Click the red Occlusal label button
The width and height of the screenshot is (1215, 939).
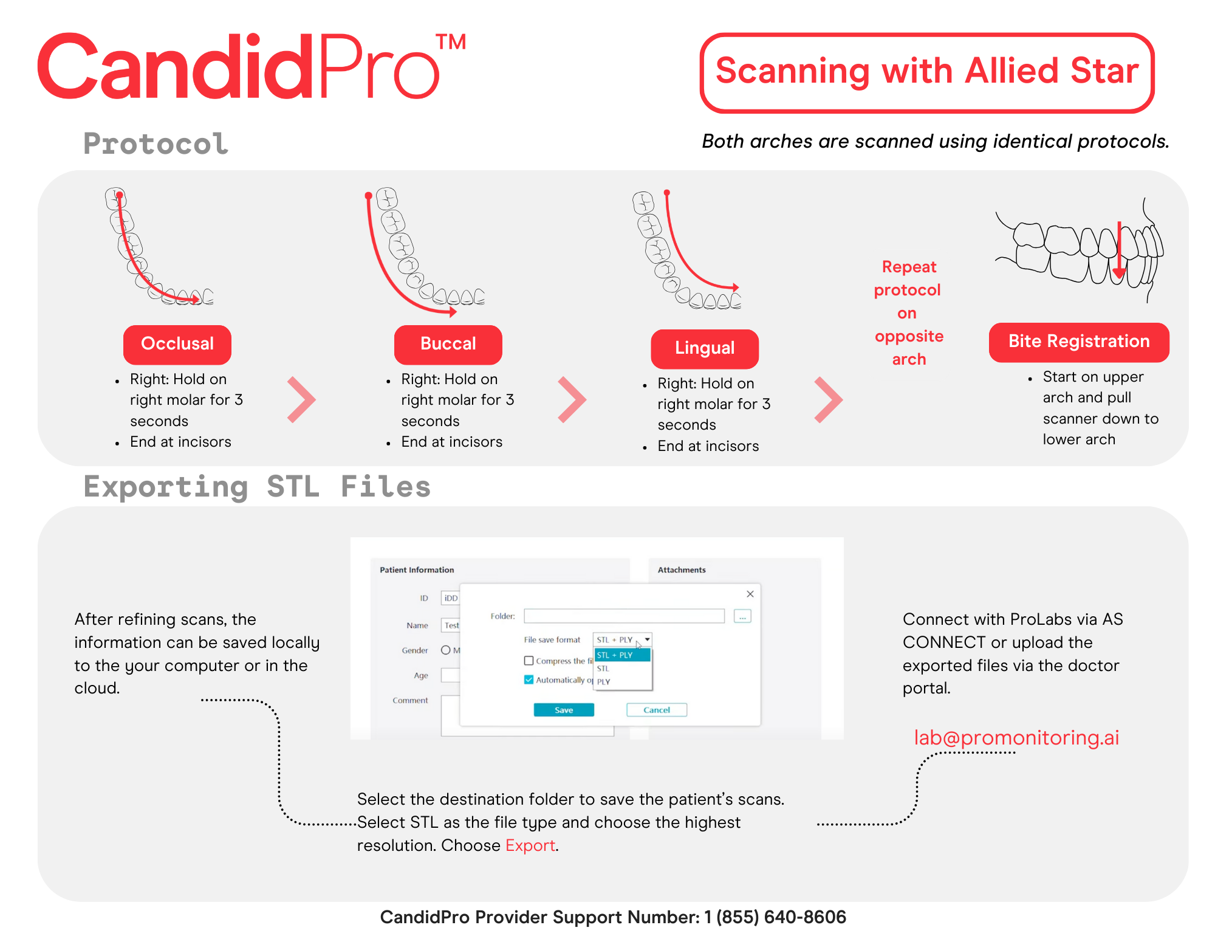(177, 344)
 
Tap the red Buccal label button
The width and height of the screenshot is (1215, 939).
(448, 344)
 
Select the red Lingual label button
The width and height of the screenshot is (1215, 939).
(705, 348)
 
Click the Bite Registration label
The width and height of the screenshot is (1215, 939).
(1078, 342)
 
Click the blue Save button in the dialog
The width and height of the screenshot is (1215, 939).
(563, 710)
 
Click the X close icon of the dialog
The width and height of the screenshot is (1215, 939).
(750, 594)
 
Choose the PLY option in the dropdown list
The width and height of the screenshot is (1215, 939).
(604, 681)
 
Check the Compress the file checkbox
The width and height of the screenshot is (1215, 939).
(529, 661)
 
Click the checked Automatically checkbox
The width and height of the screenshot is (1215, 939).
(529, 679)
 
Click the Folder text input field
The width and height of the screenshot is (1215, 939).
(624, 616)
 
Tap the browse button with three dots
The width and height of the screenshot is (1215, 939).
(742, 616)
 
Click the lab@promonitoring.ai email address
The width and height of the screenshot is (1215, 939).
(1016, 737)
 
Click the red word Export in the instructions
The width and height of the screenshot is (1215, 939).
(530, 845)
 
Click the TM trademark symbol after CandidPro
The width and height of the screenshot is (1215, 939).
(451, 43)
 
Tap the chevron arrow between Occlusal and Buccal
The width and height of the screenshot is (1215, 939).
(301, 399)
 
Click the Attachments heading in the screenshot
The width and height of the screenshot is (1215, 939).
(681, 570)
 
